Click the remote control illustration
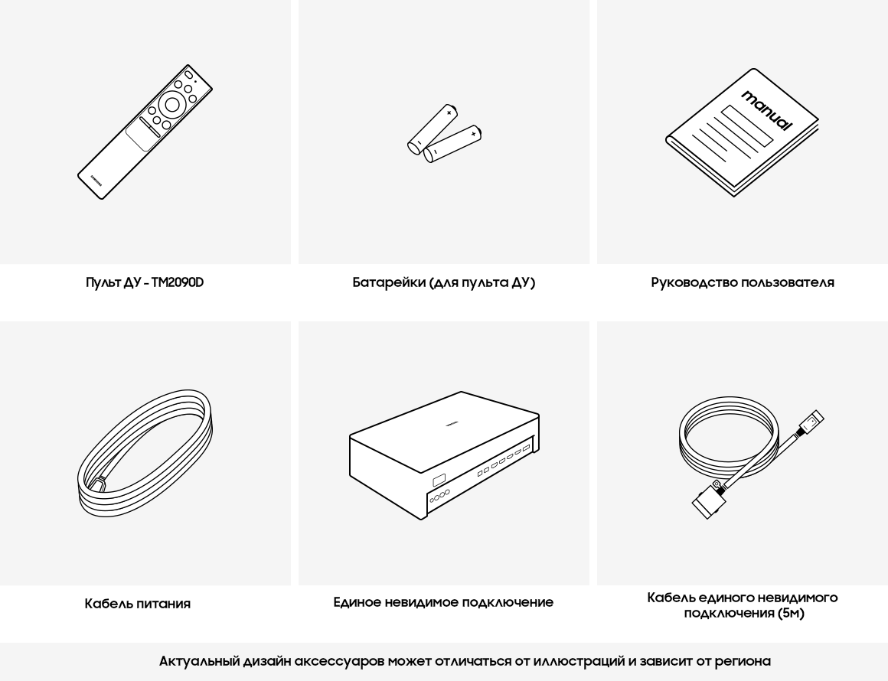coord(145,132)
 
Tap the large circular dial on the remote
coord(172,105)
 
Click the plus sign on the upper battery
coord(449,112)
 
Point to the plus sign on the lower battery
coord(473,134)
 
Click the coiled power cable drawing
coord(145,452)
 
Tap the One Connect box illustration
coord(444,455)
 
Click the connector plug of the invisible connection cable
coord(707,500)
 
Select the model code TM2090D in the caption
coord(178,282)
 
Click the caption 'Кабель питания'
coord(138,604)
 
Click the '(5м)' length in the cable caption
coord(791,613)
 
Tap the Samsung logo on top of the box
coord(452,422)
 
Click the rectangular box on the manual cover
coord(747,125)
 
